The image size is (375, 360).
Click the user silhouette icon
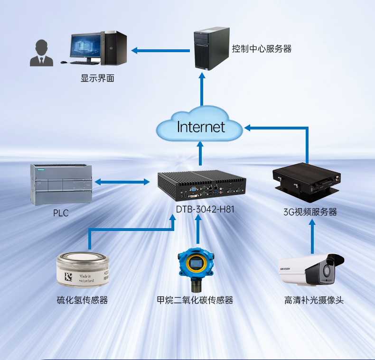coord(41,53)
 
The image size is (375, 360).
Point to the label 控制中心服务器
coord(261,48)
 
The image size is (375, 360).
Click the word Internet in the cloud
coord(201,127)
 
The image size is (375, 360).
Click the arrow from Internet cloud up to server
coord(201,90)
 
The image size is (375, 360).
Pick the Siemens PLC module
coord(61,184)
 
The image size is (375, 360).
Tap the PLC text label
coord(61,213)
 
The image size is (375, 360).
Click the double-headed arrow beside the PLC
coord(122,182)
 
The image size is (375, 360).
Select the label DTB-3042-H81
coord(206,209)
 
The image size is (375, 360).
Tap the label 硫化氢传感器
coord(82,300)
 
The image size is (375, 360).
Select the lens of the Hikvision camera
coord(327,272)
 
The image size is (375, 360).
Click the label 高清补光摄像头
coord(313,300)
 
